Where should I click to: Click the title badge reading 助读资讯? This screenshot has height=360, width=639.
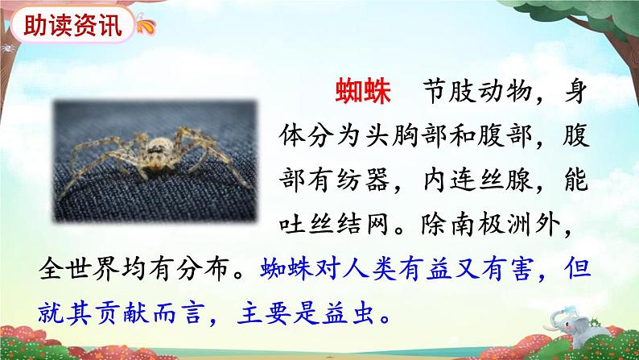pyautogui.click(x=73, y=25)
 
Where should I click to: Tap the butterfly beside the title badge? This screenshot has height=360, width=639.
pyautogui.click(x=146, y=24)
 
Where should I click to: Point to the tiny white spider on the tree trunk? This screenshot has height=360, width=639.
pyautogui.click(x=7, y=49)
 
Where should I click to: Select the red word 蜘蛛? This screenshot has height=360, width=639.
pyautogui.click(x=363, y=90)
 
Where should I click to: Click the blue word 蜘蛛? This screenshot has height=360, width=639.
pyautogui.click(x=287, y=270)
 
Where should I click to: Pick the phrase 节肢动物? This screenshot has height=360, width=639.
pyautogui.click(x=477, y=90)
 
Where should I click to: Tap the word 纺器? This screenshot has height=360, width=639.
pyautogui.click(x=363, y=180)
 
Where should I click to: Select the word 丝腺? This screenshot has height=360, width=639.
pyautogui.click(x=505, y=180)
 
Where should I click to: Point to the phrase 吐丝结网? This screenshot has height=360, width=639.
pyautogui.click(x=334, y=224)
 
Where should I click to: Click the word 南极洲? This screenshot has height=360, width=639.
pyautogui.click(x=491, y=224)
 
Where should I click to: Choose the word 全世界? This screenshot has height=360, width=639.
pyautogui.click(x=79, y=270)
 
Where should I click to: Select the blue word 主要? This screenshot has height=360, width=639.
pyautogui.click(x=264, y=314)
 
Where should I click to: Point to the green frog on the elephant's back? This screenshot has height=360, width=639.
pyautogui.click(x=595, y=322)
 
